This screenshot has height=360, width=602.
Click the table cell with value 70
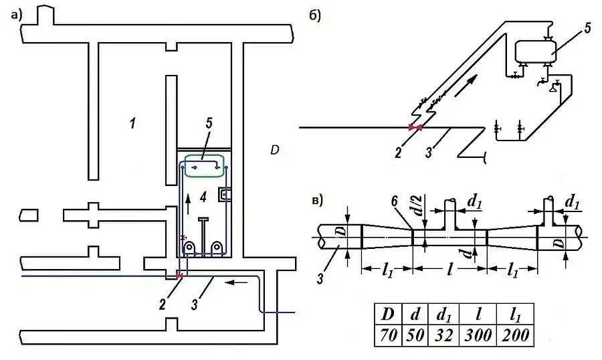[x=388, y=335]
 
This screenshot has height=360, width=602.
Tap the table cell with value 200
[x=515, y=335]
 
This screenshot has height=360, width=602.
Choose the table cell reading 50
[x=415, y=335]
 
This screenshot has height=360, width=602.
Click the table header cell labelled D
[x=388, y=314]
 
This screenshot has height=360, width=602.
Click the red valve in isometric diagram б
[x=415, y=127]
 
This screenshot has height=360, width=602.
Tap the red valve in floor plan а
[x=179, y=275]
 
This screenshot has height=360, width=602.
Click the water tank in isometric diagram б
[x=536, y=51]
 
